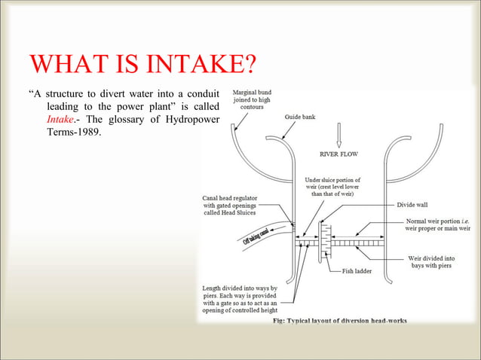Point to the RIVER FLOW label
point(339,154)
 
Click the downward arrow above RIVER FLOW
point(339,133)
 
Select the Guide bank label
point(300,117)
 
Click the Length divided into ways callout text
point(240,300)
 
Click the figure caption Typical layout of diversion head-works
point(339,320)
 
